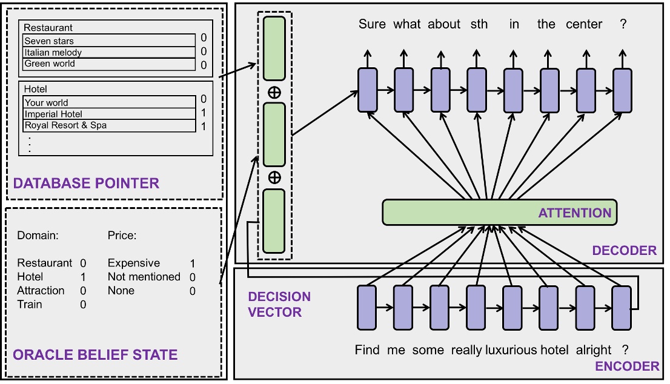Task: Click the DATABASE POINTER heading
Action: (85, 183)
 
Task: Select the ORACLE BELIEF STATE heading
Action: (95, 355)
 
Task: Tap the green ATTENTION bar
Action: (499, 213)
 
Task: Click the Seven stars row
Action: (110, 41)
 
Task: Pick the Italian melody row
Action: (110, 53)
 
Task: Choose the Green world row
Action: (110, 64)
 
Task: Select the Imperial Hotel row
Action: (110, 114)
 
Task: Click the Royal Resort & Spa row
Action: (110, 125)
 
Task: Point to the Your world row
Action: (110, 102)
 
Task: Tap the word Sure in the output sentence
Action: (372, 24)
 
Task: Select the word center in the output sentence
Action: (584, 24)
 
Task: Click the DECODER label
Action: (624, 251)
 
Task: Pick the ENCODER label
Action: (627, 366)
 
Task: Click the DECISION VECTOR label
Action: (279, 305)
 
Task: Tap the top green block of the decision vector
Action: (274, 48)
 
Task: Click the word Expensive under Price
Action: (134, 263)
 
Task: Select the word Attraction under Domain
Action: (41, 291)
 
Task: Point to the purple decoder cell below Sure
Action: (367, 90)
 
